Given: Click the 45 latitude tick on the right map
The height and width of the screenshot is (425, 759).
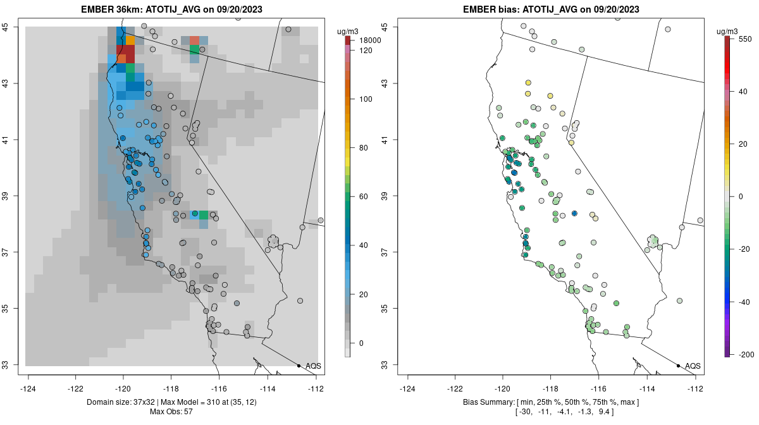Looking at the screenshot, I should point(384,27).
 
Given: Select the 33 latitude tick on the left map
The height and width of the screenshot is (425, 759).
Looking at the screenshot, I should point(14,365).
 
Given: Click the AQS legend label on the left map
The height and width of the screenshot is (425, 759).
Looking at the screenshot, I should point(313,366).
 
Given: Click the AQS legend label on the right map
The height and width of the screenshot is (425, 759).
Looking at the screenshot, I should point(693,366).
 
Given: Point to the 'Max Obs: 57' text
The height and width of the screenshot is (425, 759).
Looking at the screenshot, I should point(171,412).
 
